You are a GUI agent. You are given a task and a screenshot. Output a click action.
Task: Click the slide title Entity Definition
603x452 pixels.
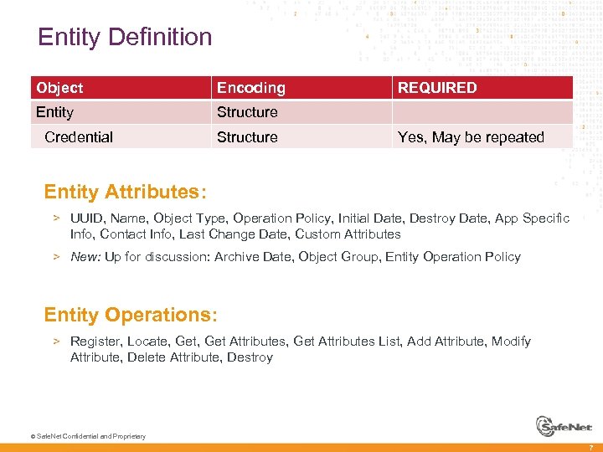point(125,37)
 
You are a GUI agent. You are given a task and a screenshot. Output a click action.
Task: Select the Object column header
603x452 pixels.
point(59,88)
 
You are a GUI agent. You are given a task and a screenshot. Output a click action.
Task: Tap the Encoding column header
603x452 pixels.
point(250,88)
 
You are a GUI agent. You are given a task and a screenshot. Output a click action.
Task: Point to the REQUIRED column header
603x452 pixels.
point(437,88)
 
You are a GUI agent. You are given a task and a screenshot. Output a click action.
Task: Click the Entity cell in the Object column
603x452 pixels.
point(55,112)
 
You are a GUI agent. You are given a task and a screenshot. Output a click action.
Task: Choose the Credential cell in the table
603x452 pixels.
point(79,137)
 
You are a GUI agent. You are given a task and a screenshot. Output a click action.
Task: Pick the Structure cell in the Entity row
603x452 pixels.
point(247,112)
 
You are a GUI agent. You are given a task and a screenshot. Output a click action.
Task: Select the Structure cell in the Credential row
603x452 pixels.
point(247,137)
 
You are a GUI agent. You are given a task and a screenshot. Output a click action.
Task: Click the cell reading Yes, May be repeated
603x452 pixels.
point(471,137)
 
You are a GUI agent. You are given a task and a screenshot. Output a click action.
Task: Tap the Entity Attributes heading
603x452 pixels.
point(125,192)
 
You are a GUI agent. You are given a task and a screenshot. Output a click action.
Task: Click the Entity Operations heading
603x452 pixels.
point(131,315)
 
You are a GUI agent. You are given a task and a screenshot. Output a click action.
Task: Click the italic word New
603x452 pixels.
point(85,257)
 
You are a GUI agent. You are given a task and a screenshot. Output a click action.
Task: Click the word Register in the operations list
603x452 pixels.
point(95,342)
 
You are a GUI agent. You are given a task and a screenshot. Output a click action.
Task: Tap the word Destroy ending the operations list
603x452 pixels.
point(250,357)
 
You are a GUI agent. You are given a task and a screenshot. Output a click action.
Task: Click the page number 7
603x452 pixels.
point(590,446)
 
